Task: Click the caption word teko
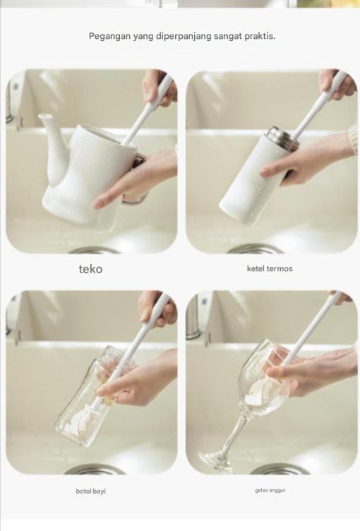pyautogui.click(x=90, y=269)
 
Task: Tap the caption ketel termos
pyautogui.click(x=270, y=268)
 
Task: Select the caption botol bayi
pyautogui.click(x=91, y=491)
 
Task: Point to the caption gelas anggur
pyautogui.click(x=270, y=490)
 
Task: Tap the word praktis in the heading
pyautogui.click(x=260, y=36)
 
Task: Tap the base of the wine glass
pyautogui.click(x=216, y=463)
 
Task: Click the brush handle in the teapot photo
pyautogui.click(x=148, y=108)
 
